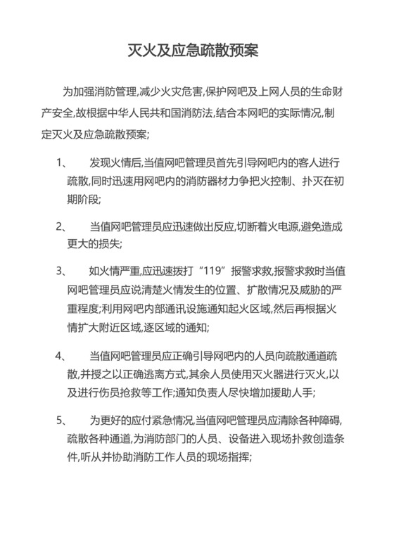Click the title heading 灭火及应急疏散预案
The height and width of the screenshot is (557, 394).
[197, 51]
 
